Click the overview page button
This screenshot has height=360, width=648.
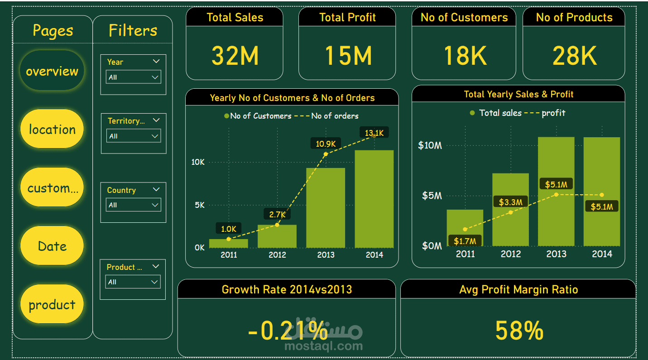pos(52,71)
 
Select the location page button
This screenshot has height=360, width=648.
pos(52,129)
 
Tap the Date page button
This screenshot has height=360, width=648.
pos(52,246)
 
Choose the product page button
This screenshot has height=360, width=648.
pos(52,304)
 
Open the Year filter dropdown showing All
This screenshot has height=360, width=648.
pos(133,77)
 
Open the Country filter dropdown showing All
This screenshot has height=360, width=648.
pos(133,205)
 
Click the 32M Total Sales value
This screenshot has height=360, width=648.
pos(235,56)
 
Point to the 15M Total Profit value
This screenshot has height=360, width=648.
pos(347,56)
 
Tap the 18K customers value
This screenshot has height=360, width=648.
pos(464,56)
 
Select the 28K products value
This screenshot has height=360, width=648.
pos(574,56)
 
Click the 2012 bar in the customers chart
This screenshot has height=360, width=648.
pos(277,236)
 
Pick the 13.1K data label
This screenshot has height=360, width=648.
pos(374,133)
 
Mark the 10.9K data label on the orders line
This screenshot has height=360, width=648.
pos(326,144)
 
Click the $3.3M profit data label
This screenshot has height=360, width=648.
pos(511,202)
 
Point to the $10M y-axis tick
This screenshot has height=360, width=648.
pos(429,145)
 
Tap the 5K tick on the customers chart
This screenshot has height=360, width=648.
pos(199,205)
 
